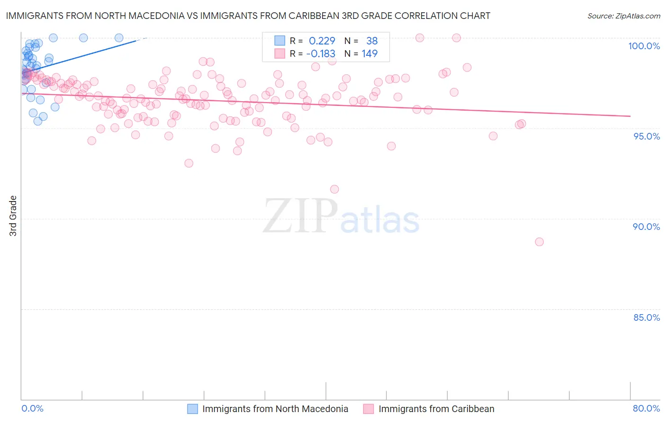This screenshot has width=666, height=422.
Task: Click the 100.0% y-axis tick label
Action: click(x=644, y=46)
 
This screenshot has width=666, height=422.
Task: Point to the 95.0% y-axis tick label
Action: click(x=646, y=136)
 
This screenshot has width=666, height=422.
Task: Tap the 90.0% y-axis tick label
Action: click(x=646, y=227)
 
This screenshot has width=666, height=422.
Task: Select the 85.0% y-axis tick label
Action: click(x=646, y=317)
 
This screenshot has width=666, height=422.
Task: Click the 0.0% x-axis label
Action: click(x=32, y=408)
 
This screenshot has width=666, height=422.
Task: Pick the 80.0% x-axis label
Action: click(x=646, y=408)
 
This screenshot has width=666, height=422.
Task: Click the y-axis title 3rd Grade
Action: click(x=13, y=216)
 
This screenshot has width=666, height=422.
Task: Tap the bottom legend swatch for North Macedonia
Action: click(x=192, y=409)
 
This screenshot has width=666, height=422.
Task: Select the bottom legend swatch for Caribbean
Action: click(x=369, y=409)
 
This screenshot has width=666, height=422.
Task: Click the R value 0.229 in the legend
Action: click(x=322, y=41)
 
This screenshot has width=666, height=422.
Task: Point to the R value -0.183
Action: click(x=321, y=54)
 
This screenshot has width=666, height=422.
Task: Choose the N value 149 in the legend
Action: click(x=369, y=54)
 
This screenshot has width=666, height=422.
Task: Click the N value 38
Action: click(x=372, y=41)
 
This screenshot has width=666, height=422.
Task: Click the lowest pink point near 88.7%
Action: click(x=539, y=242)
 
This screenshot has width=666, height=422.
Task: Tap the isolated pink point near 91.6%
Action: click(x=334, y=189)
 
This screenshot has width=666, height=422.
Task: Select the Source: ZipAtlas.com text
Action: click(x=623, y=16)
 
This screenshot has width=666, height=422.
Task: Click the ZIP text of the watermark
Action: click(x=300, y=216)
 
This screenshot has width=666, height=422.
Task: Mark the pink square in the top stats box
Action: click(x=280, y=53)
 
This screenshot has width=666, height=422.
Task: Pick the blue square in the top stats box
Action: click(x=280, y=41)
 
